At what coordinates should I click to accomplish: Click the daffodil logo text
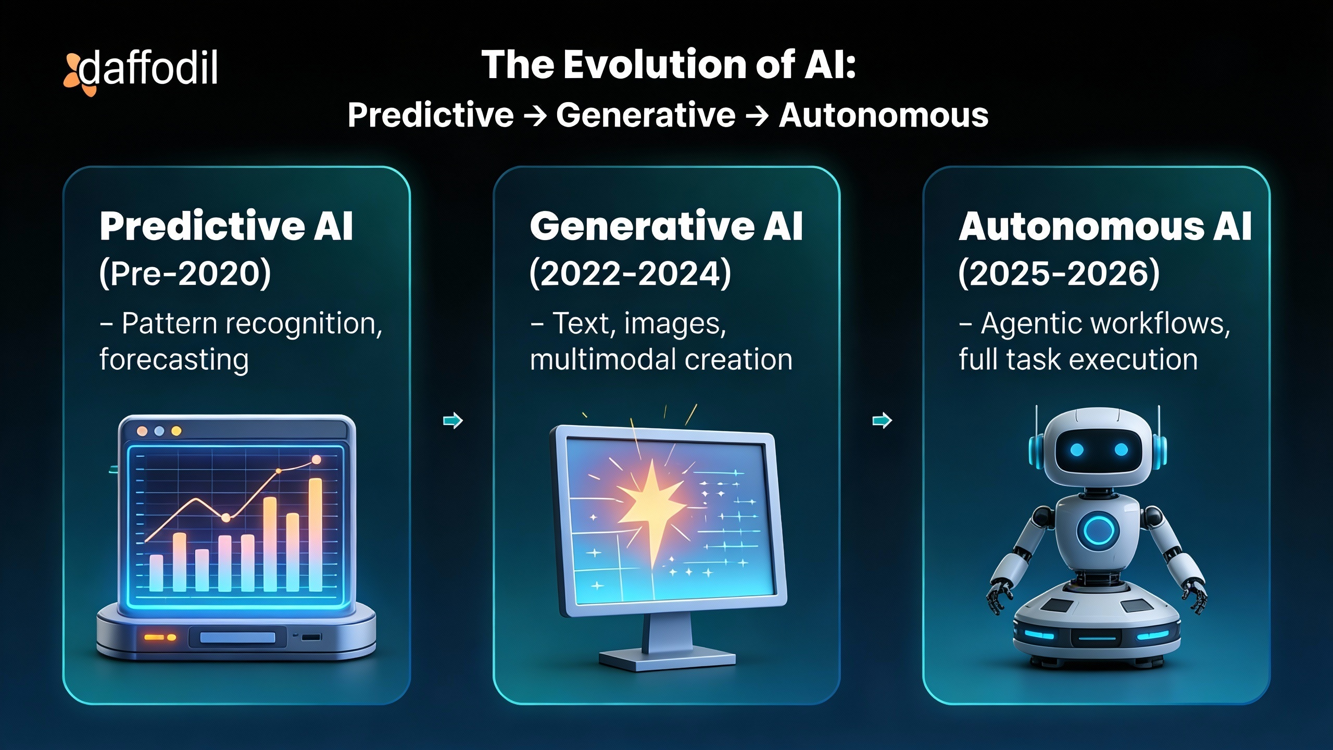[x=148, y=69]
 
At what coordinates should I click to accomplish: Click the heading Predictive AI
[x=227, y=227]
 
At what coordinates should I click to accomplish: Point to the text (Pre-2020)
[x=185, y=273]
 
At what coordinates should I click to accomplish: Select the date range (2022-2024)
[x=630, y=273]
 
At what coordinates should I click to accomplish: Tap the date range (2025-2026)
[x=1059, y=273]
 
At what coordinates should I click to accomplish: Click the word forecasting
[x=174, y=359]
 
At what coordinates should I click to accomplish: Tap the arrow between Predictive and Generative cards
[x=452, y=420]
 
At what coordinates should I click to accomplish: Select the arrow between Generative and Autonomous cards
[x=882, y=420]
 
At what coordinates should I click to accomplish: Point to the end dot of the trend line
[x=316, y=459]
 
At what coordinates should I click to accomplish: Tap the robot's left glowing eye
[x=1077, y=449]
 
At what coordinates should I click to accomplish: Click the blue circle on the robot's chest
[x=1098, y=531]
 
